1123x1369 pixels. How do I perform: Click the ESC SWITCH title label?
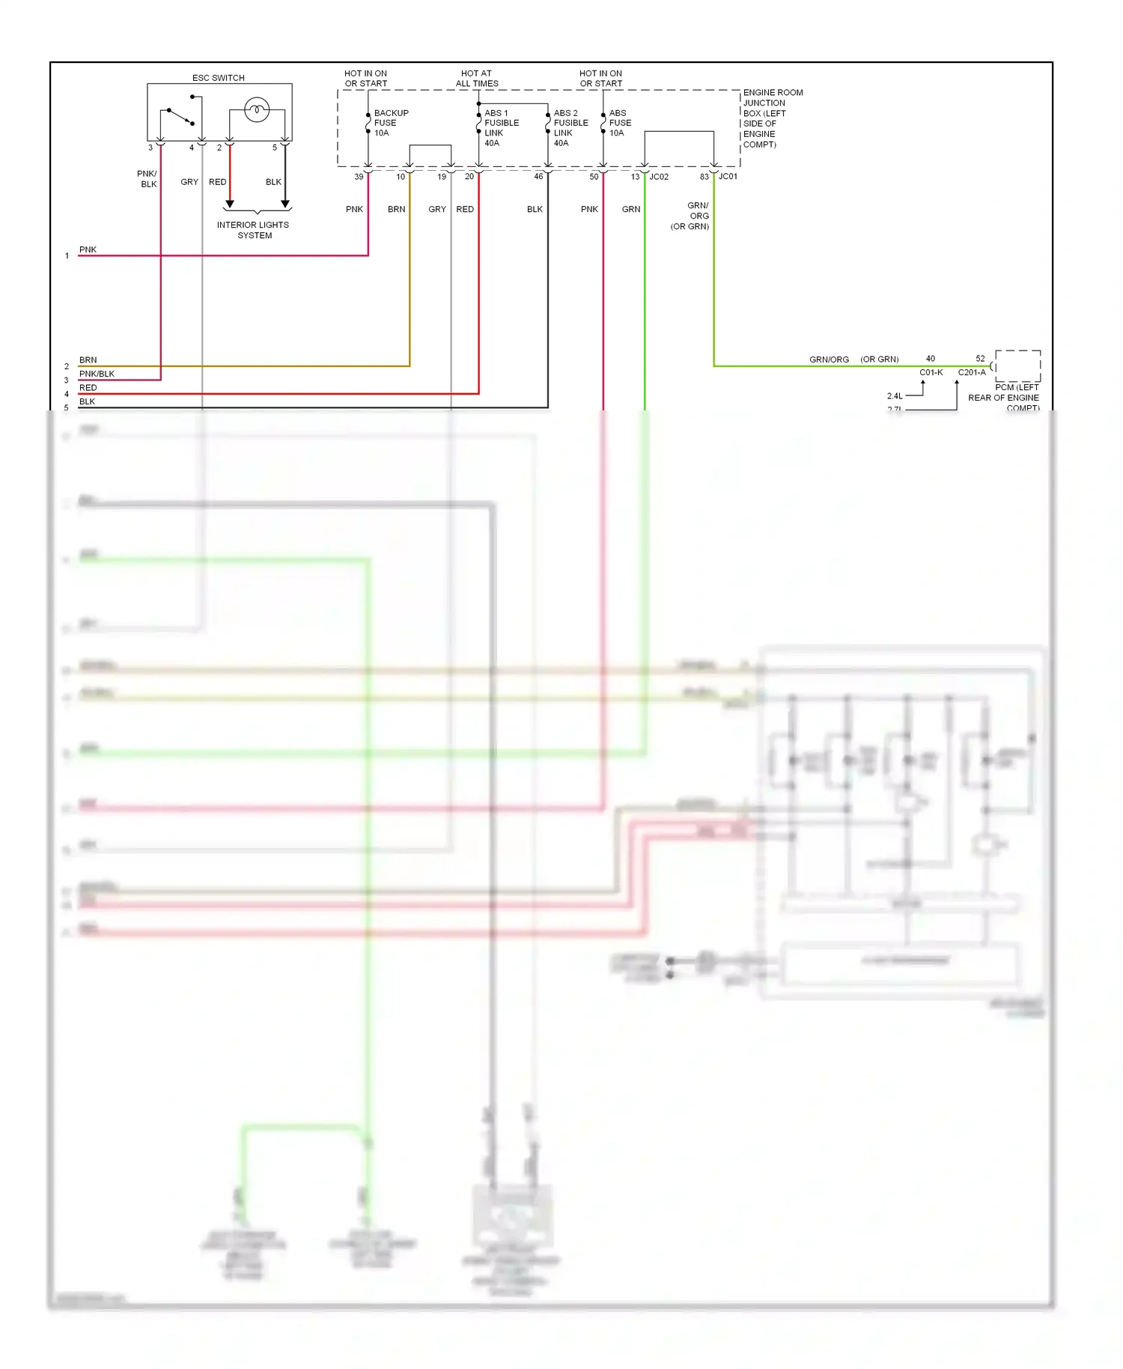(218, 78)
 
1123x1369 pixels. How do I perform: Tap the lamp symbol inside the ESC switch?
(257, 111)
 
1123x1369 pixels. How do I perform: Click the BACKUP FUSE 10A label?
(390, 123)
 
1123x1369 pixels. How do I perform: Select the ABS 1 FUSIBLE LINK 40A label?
(501, 127)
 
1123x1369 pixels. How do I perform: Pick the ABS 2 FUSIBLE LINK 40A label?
(570, 127)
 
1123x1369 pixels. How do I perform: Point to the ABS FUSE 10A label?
(619, 123)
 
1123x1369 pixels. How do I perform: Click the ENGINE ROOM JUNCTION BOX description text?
(772, 118)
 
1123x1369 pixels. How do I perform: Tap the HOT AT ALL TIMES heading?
(477, 79)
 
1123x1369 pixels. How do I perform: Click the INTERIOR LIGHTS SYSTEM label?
(253, 230)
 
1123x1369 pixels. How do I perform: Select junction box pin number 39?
(359, 177)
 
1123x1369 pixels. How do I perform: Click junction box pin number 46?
(538, 177)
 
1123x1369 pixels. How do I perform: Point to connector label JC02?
(659, 177)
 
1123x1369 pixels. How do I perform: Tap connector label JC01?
(728, 177)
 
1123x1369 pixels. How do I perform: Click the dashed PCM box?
(1017, 365)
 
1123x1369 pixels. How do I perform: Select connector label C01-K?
(931, 372)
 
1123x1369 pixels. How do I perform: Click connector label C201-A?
(972, 372)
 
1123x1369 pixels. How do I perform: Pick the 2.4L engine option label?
(895, 396)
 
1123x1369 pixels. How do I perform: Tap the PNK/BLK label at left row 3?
(97, 374)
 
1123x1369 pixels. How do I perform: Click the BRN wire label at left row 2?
(88, 360)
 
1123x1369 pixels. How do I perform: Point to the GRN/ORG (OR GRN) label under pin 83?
(690, 216)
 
